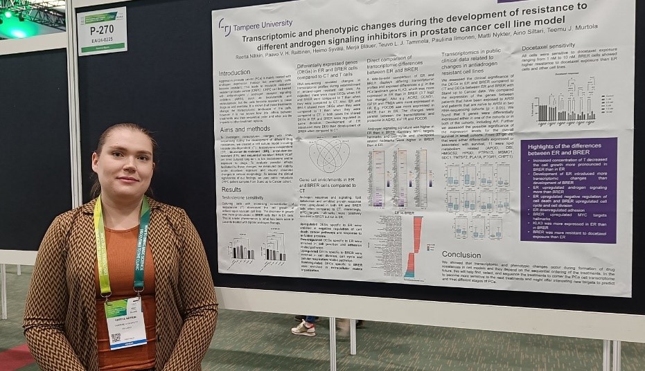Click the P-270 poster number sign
101,31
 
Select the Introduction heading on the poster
234,72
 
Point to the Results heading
231,189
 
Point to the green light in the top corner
18,30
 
